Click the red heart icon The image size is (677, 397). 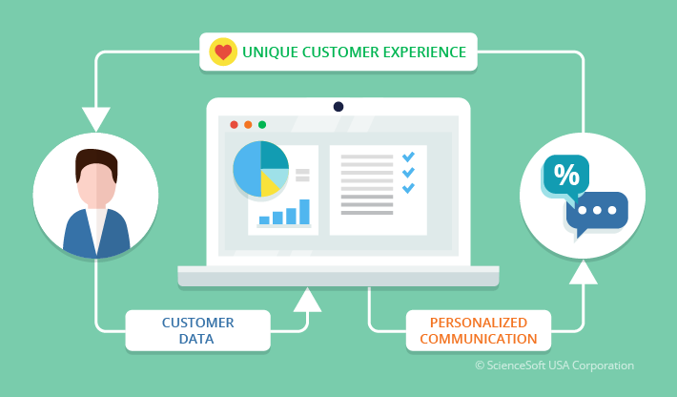coord(223,52)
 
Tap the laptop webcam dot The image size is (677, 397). coord(338,107)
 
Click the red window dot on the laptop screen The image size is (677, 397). coord(234,125)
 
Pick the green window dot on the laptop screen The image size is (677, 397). coord(262,125)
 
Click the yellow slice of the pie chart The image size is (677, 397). coord(270,183)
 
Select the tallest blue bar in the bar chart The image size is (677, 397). coord(304,212)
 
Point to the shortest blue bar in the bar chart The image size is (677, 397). coord(264,220)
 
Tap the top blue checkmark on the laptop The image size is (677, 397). coord(408,157)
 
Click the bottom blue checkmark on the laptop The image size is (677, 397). coord(408,188)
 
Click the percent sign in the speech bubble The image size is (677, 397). coord(566,175)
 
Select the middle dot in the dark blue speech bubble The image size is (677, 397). coord(597,210)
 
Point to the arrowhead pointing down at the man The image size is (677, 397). coord(96,119)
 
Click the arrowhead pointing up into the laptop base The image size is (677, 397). coord(307,300)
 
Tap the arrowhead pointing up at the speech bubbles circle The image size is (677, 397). coord(584,272)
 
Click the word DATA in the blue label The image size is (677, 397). coord(196,339)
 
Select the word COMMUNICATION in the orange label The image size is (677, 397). coord(479,339)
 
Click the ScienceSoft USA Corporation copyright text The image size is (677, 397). coord(554,366)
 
